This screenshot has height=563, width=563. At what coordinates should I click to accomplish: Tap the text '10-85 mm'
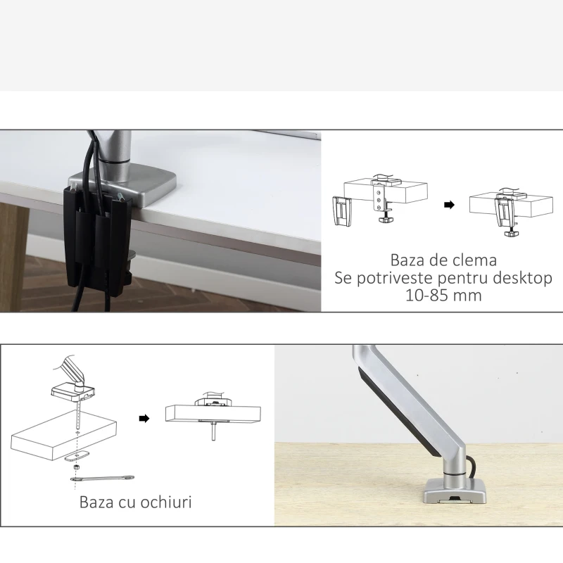pos(443,296)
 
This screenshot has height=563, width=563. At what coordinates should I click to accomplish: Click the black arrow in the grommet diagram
pos(144,418)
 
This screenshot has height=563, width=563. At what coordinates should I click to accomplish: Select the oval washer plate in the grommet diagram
pos(75,455)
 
